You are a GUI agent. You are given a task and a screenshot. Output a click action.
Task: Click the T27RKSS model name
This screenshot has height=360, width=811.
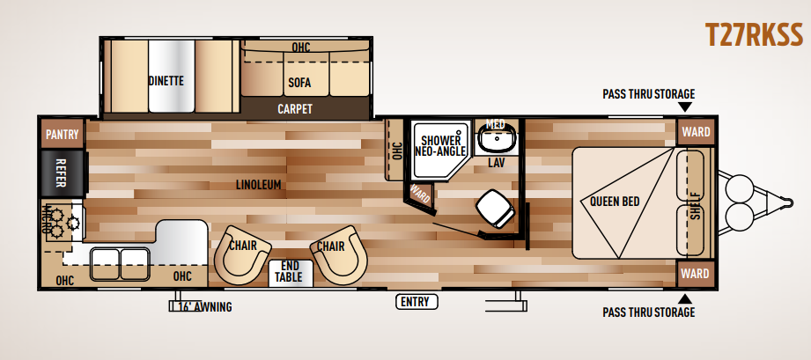pos(754,35)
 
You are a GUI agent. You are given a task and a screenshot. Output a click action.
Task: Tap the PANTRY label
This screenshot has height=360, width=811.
pos(62,135)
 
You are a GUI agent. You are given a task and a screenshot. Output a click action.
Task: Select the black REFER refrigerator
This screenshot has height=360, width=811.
pos(62,173)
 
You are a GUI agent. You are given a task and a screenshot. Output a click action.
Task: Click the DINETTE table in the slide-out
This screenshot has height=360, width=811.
pos(171,76)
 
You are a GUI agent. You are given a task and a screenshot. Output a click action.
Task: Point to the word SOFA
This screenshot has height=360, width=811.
pos(299,82)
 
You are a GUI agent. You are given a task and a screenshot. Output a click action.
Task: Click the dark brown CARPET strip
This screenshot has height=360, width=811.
pos(295,109)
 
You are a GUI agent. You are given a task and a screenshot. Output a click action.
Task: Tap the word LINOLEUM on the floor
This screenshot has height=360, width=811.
pos(258,185)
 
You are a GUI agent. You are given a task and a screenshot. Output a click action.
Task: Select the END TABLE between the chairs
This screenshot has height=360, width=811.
pos(291,273)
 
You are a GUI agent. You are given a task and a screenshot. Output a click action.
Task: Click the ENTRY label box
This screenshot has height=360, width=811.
pos(417,302)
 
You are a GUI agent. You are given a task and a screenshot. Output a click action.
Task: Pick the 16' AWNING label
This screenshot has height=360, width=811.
pos(205,307)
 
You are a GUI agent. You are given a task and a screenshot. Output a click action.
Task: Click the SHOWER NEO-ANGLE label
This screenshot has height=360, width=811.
pos(440,145)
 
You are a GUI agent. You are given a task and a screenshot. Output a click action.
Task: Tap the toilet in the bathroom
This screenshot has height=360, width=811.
pos(495,209)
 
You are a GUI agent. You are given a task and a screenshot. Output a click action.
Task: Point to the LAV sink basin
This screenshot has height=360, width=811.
pos(496,137)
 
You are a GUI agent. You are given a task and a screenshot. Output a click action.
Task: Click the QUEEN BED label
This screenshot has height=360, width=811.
pos(615,202)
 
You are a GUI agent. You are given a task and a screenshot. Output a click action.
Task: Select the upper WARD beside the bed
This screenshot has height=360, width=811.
pos(695,132)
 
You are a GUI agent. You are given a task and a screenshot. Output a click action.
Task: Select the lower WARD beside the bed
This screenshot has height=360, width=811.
pos(695,273)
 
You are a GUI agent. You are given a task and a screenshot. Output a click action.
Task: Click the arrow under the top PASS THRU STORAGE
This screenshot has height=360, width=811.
pos(685,107)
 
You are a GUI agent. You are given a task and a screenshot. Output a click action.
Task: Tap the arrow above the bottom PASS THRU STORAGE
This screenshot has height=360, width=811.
pos(685,298)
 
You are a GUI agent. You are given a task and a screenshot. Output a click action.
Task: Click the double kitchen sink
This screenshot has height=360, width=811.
pos(120,264)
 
